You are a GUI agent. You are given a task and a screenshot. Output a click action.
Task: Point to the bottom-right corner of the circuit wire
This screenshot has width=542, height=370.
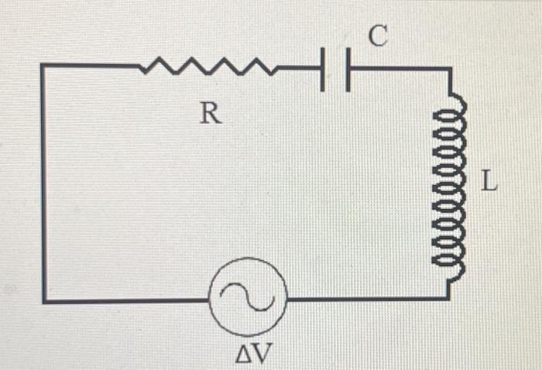(448, 298)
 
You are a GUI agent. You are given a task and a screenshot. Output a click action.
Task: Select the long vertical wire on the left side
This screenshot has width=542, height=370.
(43, 186)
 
